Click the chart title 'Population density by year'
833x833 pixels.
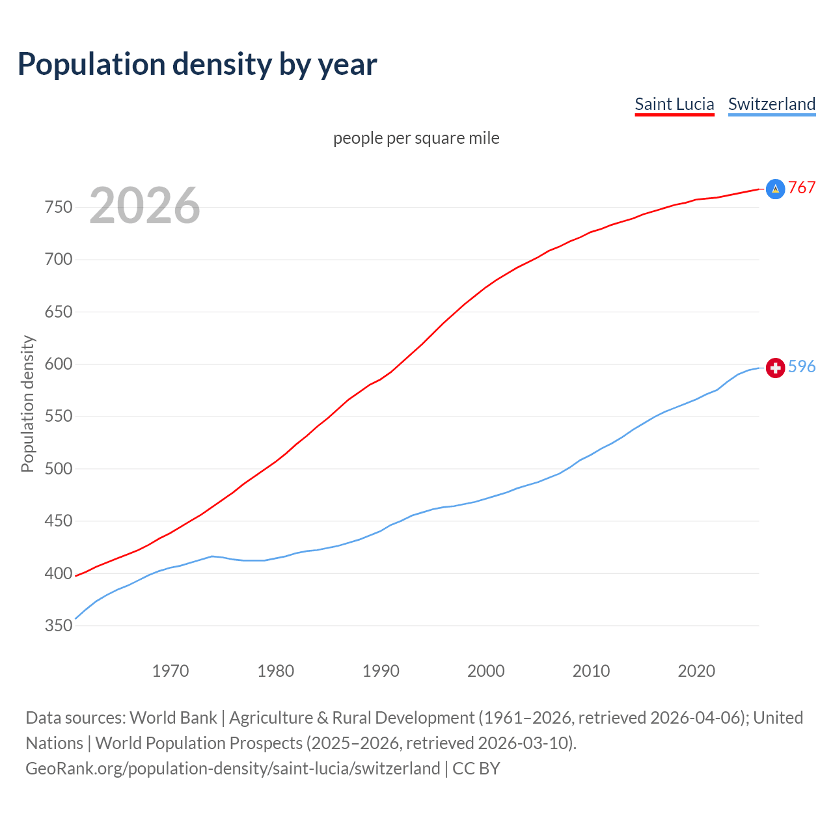pos(197,64)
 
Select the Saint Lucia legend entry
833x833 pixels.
pos(674,104)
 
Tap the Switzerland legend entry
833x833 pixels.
pos(771,104)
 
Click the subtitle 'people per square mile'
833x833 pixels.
pos(416,138)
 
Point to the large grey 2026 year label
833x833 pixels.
pos(144,206)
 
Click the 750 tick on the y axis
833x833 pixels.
pos(58,208)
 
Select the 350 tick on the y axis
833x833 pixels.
pos(58,626)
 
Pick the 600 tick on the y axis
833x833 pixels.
pos(58,364)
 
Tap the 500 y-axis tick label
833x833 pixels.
pos(58,469)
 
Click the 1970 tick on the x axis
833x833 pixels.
pos(171,671)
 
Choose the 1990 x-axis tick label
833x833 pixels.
pos(381,671)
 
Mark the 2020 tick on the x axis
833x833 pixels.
pos(696,671)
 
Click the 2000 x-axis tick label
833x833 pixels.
pos(486,671)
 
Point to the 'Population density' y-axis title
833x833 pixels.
pos(27,403)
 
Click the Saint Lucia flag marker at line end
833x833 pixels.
pos(775,189)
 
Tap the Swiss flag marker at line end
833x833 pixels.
pos(775,368)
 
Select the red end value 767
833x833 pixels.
pos(802,188)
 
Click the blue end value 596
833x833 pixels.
pos(802,367)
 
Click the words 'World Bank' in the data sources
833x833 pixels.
pos(173,718)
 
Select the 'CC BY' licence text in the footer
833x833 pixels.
pos(476,769)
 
